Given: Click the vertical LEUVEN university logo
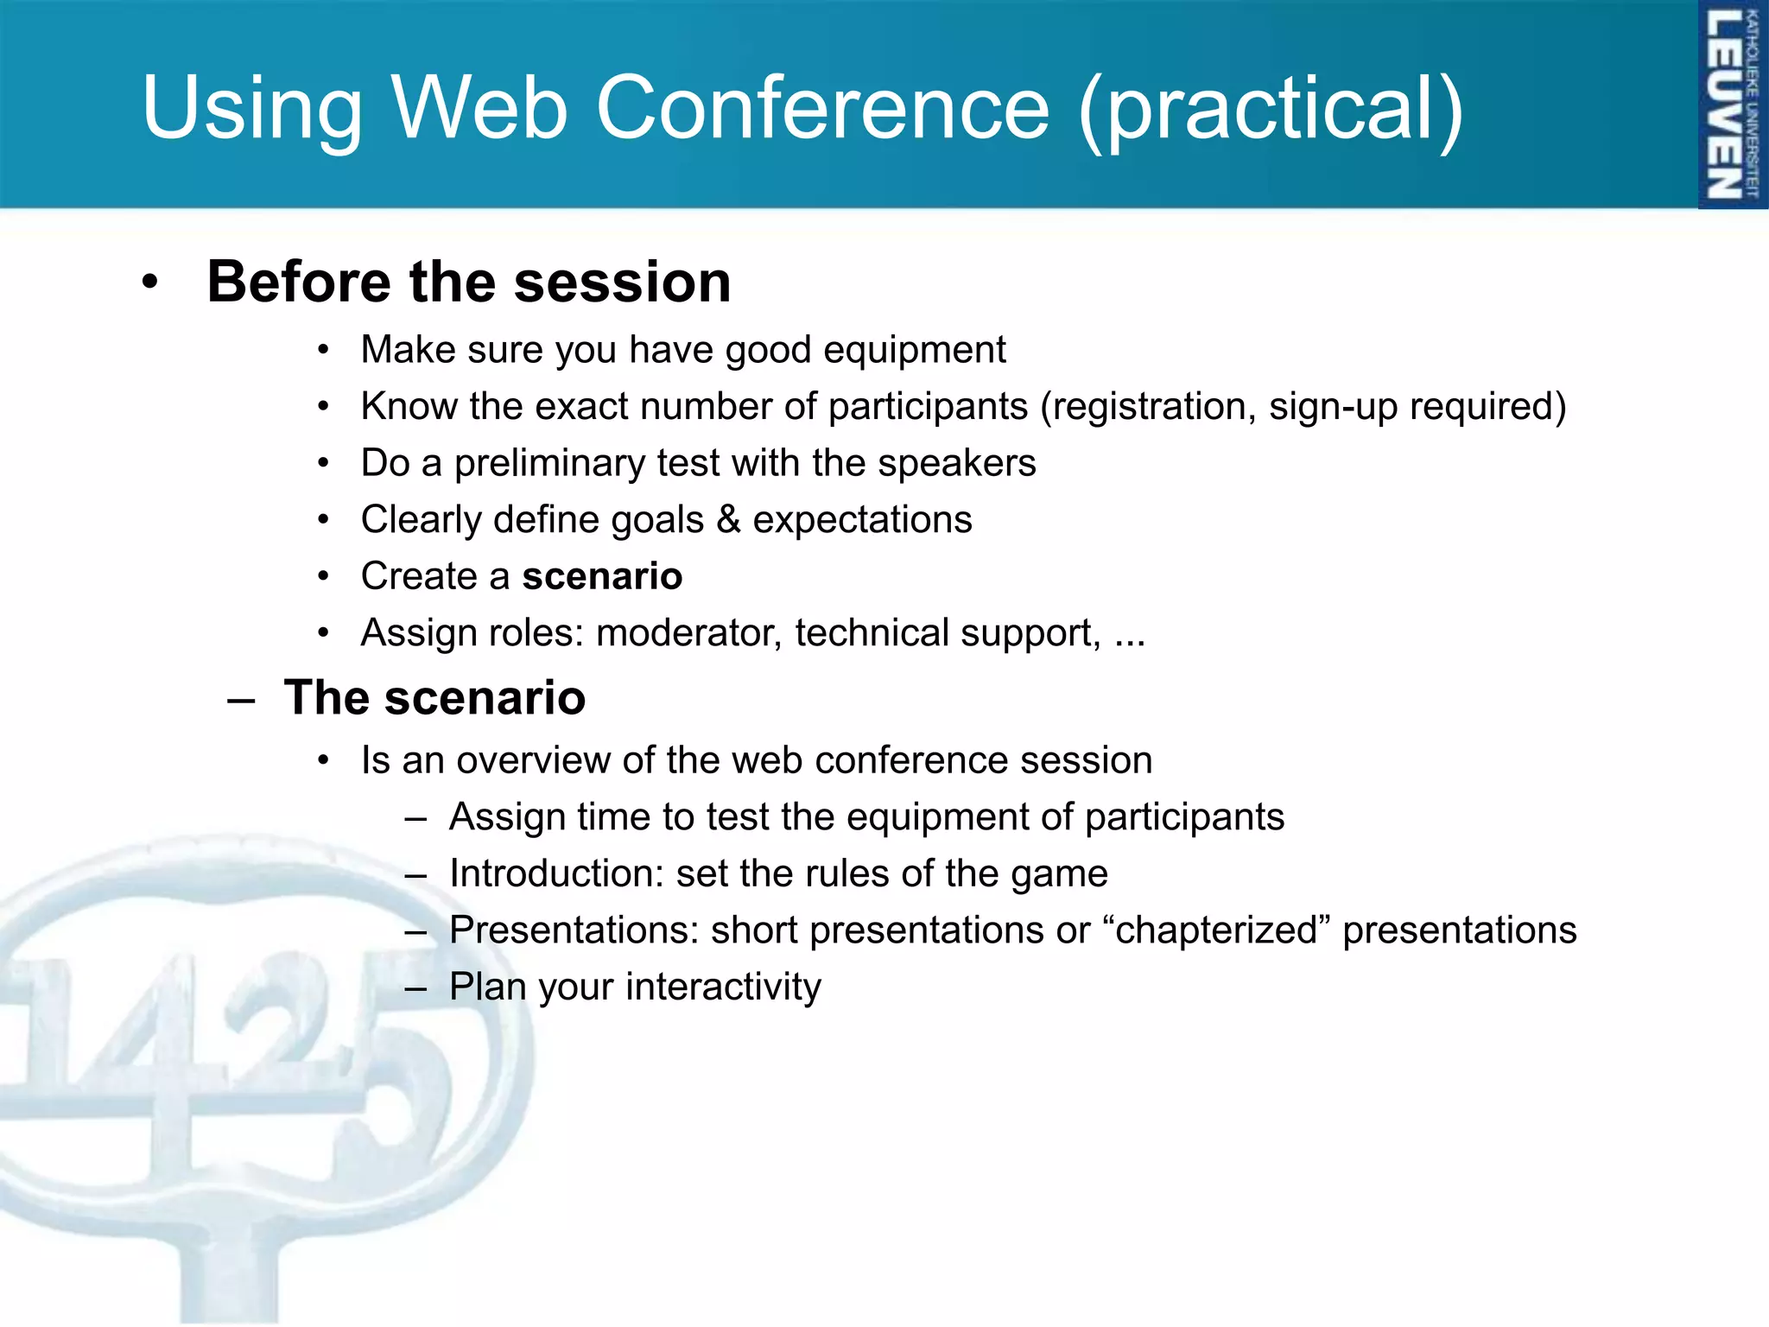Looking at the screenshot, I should click(x=1731, y=104).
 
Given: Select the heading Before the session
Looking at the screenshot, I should click(x=469, y=282).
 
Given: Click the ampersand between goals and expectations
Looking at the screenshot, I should click(x=728, y=519).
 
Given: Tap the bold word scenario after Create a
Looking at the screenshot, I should click(x=602, y=576).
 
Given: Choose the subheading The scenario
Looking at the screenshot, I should click(x=434, y=697).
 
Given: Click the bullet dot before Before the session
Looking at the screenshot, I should click(x=150, y=283).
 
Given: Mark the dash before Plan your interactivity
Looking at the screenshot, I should click(x=415, y=987).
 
